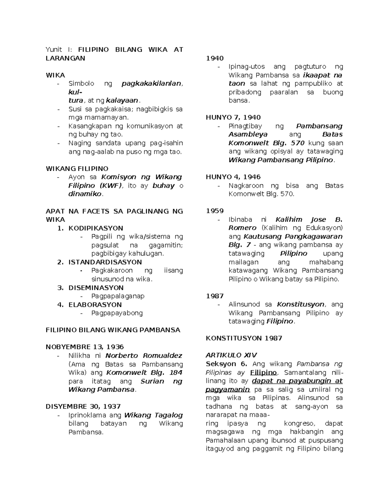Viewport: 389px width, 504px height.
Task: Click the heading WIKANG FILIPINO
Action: point(77,169)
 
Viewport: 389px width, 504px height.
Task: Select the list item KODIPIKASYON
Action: point(96,228)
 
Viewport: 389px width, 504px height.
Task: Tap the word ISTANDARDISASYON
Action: point(105,262)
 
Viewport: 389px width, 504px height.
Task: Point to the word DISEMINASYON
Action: point(96,288)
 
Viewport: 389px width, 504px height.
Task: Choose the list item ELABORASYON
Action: point(95,304)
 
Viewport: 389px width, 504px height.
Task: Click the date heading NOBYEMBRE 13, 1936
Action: point(85,347)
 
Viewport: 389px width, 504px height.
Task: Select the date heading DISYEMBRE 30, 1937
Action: point(83,406)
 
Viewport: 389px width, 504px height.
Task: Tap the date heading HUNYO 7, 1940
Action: point(233,117)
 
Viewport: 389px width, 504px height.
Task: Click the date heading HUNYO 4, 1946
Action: point(233,177)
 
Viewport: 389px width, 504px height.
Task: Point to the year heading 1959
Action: point(215,211)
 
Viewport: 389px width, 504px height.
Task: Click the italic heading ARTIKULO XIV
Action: point(231,355)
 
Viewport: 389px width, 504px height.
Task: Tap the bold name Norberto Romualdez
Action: point(144,356)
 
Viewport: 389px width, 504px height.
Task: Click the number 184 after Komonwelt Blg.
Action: point(176,373)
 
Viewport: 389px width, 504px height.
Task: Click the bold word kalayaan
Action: point(124,101)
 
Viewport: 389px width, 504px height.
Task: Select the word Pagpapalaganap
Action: point(118,296)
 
